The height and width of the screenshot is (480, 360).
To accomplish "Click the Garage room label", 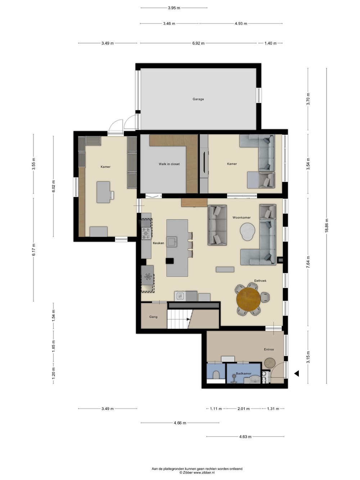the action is (x=198, y=99).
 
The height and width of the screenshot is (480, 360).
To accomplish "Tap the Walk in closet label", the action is (x=169, y=164).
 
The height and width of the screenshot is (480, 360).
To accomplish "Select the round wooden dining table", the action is (x=248, y=299).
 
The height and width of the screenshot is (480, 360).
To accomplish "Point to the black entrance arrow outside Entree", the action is (x=296, y=373).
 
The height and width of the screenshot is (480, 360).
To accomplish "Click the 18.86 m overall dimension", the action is (x=327, y=225).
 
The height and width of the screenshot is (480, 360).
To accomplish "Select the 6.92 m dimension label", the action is (x=198, y=43).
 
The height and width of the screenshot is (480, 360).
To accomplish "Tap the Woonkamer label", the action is (x=241, y=217).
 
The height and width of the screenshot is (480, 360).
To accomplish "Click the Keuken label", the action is (x=158, y=243).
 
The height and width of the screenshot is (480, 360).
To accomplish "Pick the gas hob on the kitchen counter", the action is (x=147, y=233).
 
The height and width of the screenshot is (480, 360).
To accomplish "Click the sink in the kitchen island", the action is (x=172, y=242).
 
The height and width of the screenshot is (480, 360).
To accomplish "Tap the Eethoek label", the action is (x=260, y=281).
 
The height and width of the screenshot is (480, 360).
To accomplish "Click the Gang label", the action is (x=153, y=317).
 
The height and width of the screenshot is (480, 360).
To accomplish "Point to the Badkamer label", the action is (x=243, y=373).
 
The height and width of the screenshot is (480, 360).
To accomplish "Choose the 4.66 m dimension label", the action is (x=180, y=423).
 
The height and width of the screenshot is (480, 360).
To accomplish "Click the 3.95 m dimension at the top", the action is (x=174, y=8).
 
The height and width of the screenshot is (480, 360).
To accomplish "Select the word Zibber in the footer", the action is (x=188, y=472).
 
